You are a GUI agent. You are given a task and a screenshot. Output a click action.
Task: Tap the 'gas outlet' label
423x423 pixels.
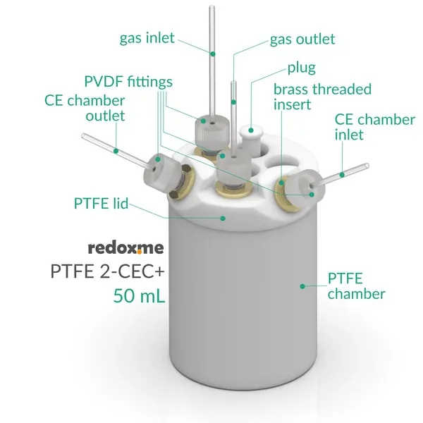(x=302, y=39)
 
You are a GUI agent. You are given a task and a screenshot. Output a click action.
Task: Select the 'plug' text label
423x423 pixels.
(x=301, y=68)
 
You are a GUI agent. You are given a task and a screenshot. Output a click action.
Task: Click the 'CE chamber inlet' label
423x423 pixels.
(x=374, y=127)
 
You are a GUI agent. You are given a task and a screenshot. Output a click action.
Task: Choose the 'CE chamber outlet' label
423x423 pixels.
(x=85, y=108)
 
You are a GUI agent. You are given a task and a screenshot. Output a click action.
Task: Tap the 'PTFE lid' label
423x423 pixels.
(x=101, y=204)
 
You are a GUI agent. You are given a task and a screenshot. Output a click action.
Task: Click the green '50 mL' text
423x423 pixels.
(x=139, y=295)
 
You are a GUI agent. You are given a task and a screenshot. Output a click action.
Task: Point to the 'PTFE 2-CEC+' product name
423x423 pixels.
(x=110, y=271)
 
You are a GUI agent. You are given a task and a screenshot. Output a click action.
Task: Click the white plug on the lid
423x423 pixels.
(x=252, y=132)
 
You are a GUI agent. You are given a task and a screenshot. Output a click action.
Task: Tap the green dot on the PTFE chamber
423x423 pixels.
(x=302, y=286)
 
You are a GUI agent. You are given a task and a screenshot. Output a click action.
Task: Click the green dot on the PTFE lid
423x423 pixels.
(x=223, y=218)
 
